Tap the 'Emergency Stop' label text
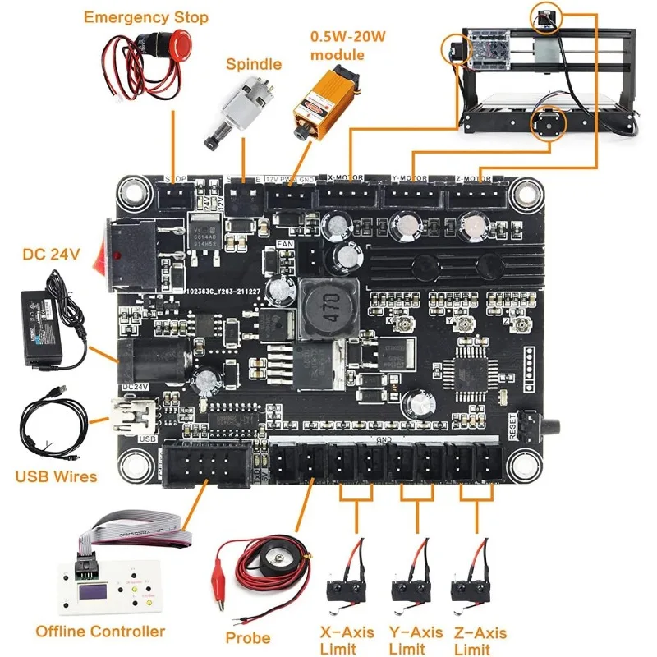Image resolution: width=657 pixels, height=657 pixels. coord(146,16)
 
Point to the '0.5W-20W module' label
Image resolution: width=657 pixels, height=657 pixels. coord(337,45)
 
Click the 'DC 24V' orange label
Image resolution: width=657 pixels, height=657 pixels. coord(51,255)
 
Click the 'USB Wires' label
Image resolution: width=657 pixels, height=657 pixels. coord(56,476)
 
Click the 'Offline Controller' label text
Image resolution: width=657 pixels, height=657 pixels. coord(100,632)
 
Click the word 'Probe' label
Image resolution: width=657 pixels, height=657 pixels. coord(248,637)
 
